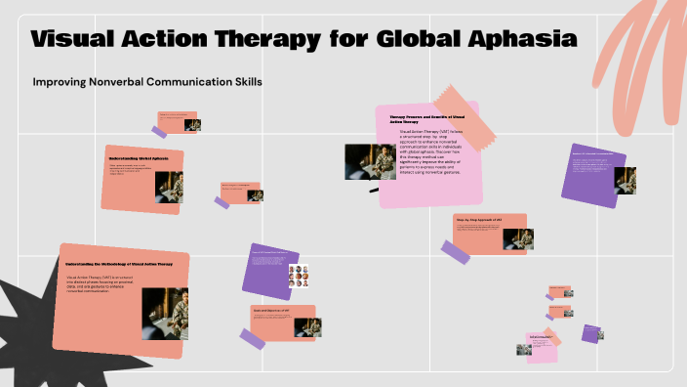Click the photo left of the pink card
pos(370,161)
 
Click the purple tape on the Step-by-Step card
pos(456,252)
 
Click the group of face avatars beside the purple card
pos(299,277)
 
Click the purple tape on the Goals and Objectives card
pos(252,339)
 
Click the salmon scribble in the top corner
pos(634,44)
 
